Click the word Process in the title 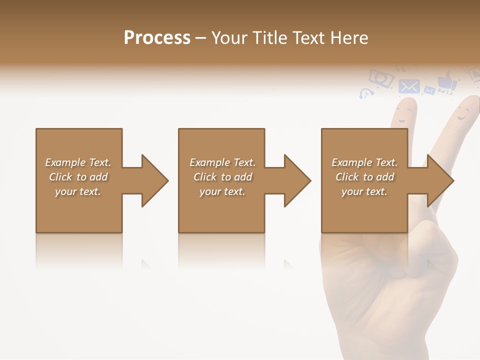pos(157,38)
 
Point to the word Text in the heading pos(309,38)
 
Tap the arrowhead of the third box pos(439,180)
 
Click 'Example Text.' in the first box pos(78,162)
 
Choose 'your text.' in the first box pos(78,191)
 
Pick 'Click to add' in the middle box pos(222,177)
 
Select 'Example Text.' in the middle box pos(222,162)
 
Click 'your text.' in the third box pos(364,191)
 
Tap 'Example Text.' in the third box pos(364,162)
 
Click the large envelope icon pos(409,86)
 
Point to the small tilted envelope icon pos(429,90)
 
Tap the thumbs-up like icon pos(446,81)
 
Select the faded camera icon pos(381,78)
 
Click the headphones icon pos(366,93)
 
